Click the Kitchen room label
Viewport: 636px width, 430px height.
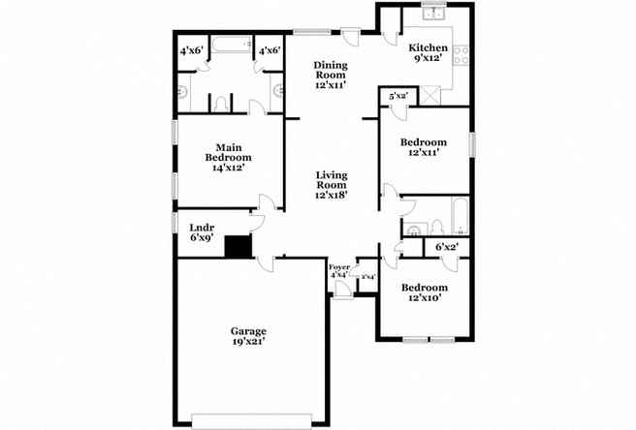[x=428, y=48]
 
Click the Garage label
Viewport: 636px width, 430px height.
[x=249, y=330]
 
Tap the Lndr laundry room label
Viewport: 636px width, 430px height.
[x=202, y=227]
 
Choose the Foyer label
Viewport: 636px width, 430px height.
[x=339, y=266]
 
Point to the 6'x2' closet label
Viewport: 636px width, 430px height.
[x=446, y=248]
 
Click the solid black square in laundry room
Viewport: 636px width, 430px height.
[x=238, y=247]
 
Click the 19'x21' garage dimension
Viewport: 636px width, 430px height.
[x=249, y=342]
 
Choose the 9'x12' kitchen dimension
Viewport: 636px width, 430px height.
[x=428, y=59]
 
